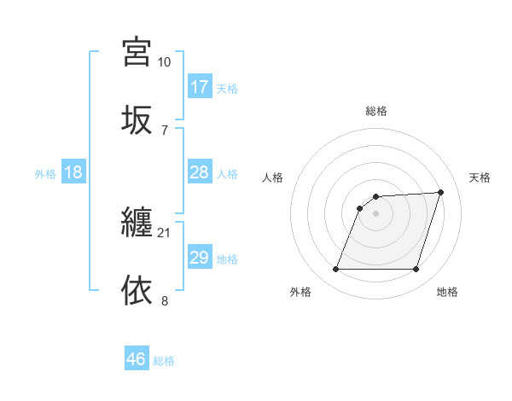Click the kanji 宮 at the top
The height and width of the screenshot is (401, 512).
coord(137,52)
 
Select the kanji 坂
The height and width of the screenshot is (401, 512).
coord(137,119)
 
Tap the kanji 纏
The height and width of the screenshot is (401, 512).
coord(137,224)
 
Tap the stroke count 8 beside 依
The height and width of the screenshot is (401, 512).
coord(164,300)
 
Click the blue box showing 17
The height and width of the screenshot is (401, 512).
coord(199,87)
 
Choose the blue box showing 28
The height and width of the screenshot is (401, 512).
coord(199,172)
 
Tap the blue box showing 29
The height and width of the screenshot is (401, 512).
coord(199,258)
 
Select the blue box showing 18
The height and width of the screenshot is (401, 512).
coord(73,172)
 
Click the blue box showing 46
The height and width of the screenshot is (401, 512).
coord(137,359)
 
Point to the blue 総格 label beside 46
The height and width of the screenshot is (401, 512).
coord(165,361)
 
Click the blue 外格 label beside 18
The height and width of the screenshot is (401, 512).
coord(45,174)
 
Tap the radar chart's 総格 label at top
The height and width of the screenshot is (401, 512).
coord(375,111)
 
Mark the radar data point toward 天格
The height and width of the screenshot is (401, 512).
coord(440,192)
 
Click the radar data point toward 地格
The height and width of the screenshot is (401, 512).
coord(416,270)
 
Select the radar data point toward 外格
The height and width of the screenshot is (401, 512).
coord(335,270)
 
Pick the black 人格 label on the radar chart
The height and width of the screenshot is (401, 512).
coord(273,177)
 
